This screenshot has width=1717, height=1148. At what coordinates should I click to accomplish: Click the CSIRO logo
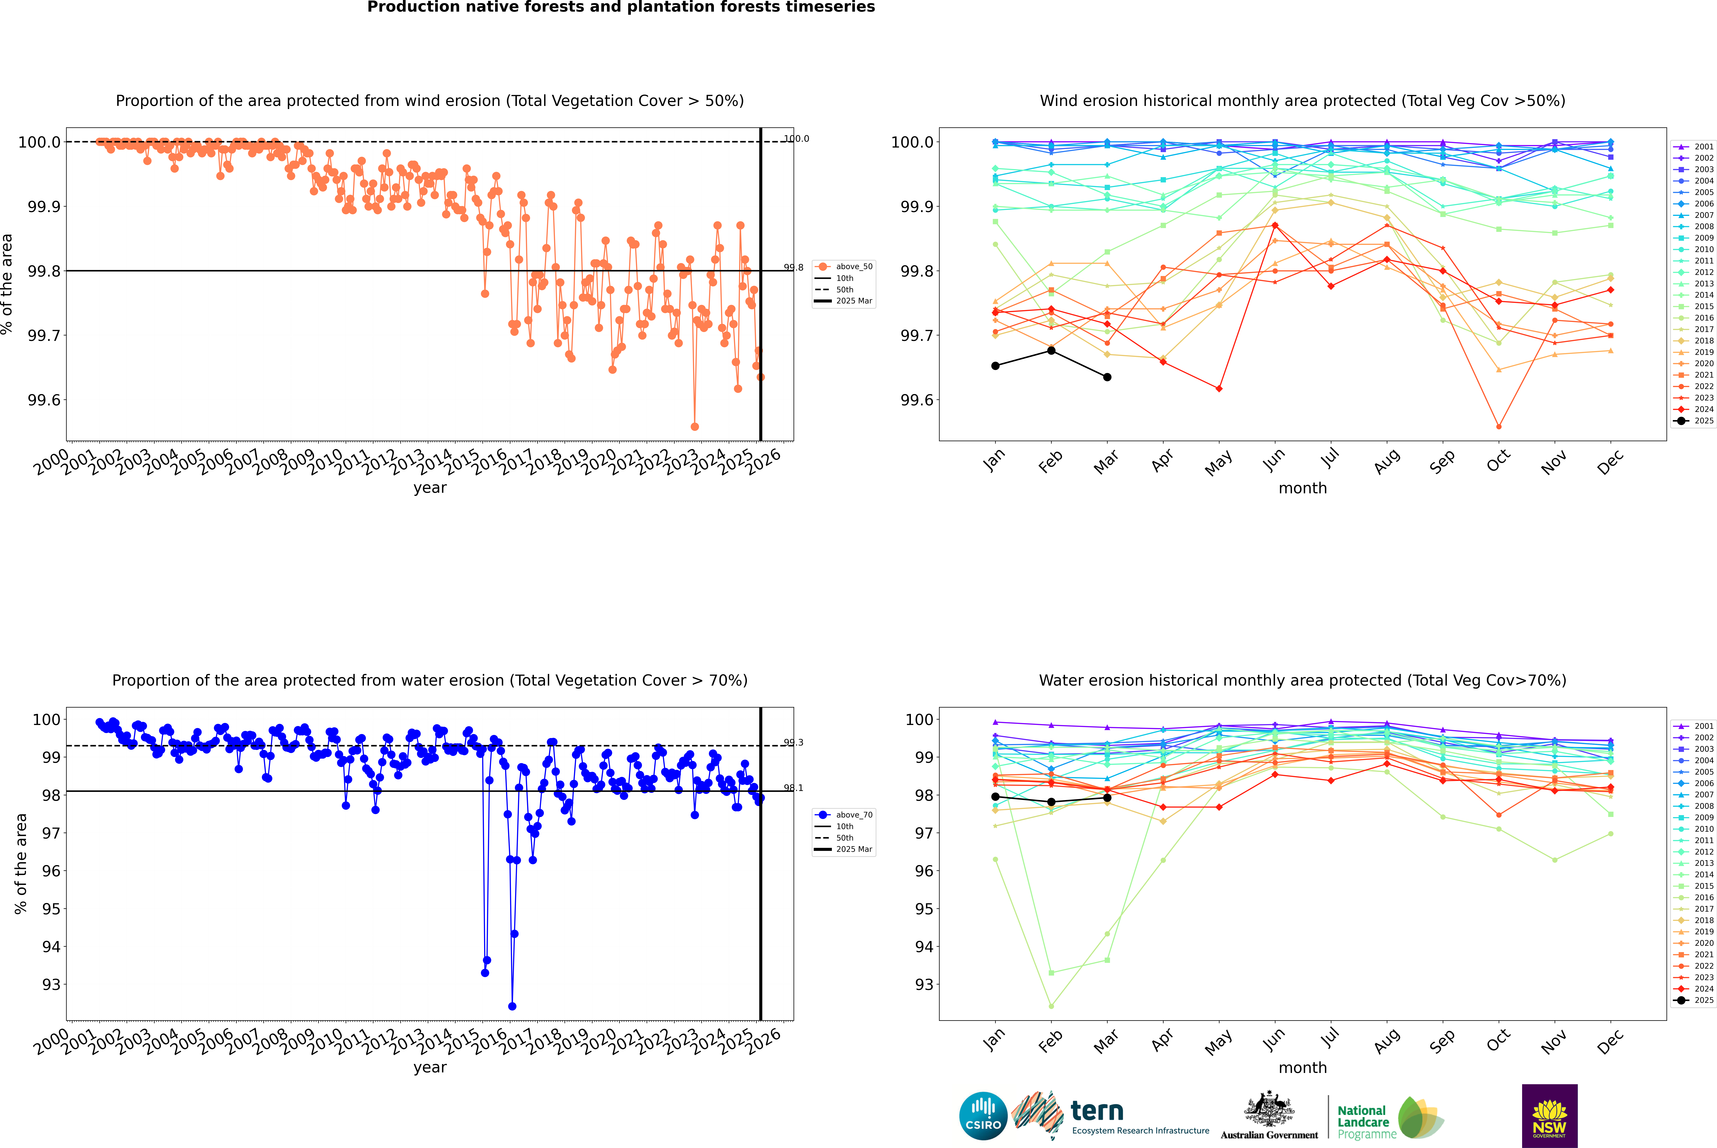point(983,1116)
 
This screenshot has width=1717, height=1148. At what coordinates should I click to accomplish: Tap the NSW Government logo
point(1549,1116)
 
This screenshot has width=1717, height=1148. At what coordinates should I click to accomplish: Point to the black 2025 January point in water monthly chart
point(995,797)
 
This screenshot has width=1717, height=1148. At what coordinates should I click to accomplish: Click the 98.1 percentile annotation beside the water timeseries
point(793,788)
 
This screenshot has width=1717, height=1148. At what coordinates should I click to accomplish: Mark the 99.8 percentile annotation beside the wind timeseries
point(793,267)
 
